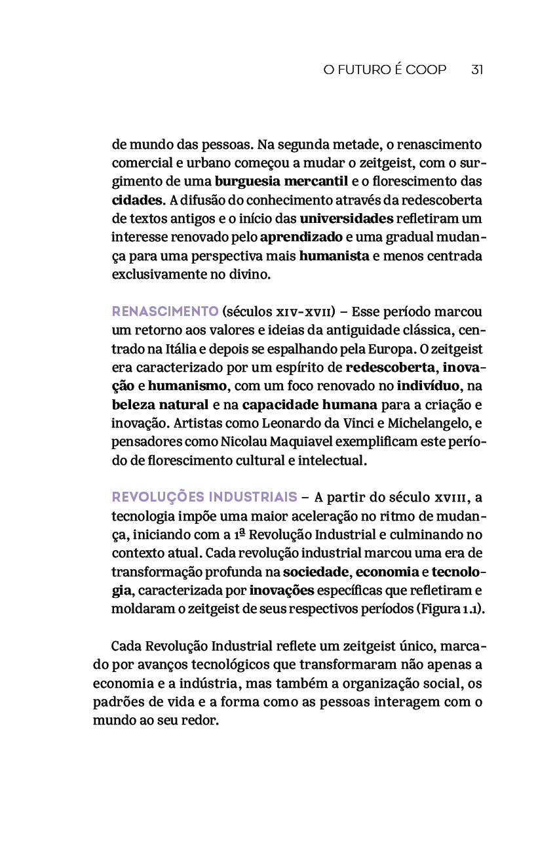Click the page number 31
pyautogui.click(x=477, y=70)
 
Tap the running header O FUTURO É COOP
pyautogui.click(x=385, y=70)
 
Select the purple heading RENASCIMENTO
pyautogui.click(x=165, y=311)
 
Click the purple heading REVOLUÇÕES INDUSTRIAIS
pyautogui.click(x=204, y=497)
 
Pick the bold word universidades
pyautogui.click(x=347, y=218)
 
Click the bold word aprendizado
pyautogui.click(x=301, y=237)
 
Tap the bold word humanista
pyautogui.click(x=334, y=256)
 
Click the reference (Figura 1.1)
pyautogui.click(x=451, y=608)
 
